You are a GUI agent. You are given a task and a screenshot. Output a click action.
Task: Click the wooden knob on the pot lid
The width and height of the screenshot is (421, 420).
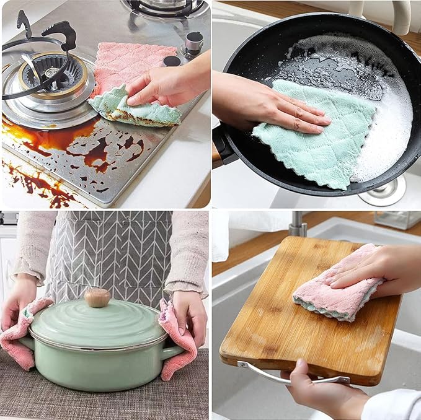click(x=97, y=297)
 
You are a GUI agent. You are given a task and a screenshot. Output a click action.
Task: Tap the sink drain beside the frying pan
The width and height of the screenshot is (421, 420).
click(x=381, y=191)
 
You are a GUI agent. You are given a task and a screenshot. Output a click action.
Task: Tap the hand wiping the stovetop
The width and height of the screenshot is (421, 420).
click(x=164, y=85)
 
